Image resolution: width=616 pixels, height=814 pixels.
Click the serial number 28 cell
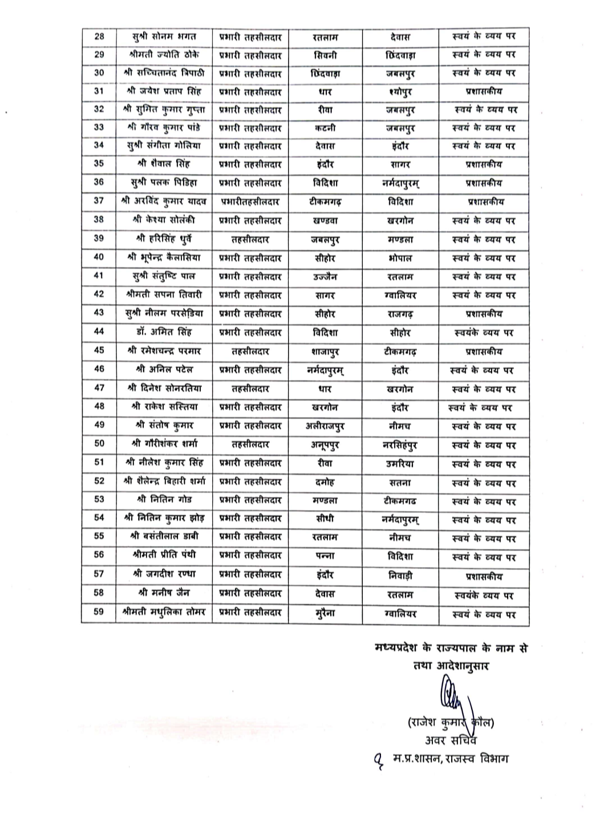pyautogui.click(x=99, y=37)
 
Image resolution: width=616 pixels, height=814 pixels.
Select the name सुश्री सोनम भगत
pyautogui.click(x=164, y=37)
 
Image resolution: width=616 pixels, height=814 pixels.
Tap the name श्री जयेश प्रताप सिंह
pyautogui.click(x=164, y=91)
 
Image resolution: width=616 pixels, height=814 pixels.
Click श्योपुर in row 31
pyautogui.click(x=400, y=91)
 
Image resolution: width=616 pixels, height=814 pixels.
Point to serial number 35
pyautogui.click(x=99, y=164)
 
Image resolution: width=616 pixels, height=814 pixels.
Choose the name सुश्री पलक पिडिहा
pyautogui.click(x=164, y=183)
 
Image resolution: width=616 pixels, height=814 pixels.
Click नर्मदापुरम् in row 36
pyautogui.click(x=400, y=183)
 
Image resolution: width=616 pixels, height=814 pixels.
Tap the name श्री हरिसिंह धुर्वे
pyautogui.click(x=164, y=240)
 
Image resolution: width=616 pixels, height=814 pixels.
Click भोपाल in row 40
pyautogui.click(x=400, y=258)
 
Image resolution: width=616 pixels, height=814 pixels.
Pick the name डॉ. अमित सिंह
pyautogui.click(x=164, y=332)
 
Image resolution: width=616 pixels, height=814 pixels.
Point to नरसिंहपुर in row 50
pyautogui.click(x=400, y=444)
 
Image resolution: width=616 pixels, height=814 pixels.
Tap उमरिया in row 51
pyautogui.click(x=400, y=464)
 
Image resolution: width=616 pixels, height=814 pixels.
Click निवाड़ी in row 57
pyautogui.click(x=400, y=576)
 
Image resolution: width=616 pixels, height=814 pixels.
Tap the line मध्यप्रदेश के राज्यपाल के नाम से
pyautogui.click(x=451, y=647)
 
